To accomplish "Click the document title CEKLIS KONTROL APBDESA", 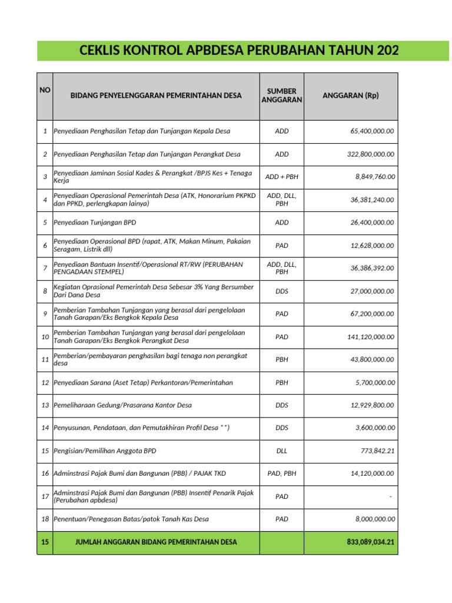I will click(238, 51).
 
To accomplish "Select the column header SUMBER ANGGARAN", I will click(281, 95).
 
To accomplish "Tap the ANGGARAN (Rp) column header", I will click(351, 95).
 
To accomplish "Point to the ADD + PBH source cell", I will click(281, 177).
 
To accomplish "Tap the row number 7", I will click(45, 269).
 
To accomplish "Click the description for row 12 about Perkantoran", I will click(143, 383).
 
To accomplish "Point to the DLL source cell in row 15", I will click(281, 450).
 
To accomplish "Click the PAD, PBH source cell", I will click(281, 473).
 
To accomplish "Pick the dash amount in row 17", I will click(390, 496).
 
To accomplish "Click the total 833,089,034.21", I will click(370, 542).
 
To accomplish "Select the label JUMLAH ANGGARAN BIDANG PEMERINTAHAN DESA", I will click(157, 542).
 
